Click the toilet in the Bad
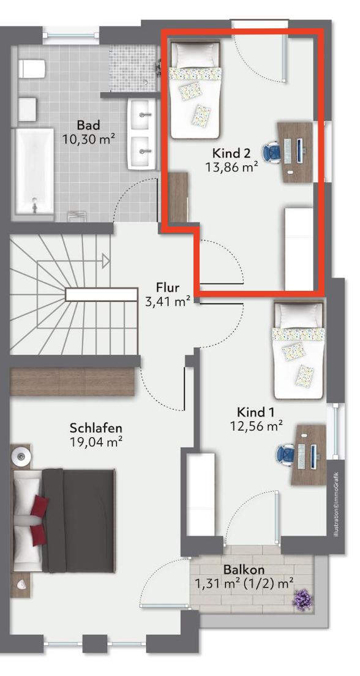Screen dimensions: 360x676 click(x=32, y=69)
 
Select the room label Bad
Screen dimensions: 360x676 click(x=88, y=126)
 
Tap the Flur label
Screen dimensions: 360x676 click(x=168, y=288)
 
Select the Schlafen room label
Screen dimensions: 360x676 click(x=96, y=428)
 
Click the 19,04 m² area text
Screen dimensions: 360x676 click(x=96, y=441)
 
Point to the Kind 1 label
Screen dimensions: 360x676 click(x=256, y=411)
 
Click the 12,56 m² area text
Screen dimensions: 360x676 click(x=256, y=426)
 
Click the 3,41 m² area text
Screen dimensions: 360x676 click(x=168, y=301)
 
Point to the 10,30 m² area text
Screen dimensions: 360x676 click(x=88, y=139)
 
